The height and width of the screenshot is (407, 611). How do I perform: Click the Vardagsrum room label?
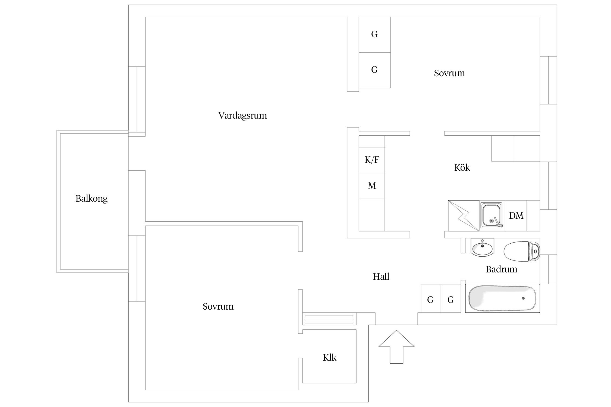[242, 116]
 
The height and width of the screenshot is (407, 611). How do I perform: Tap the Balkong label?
[92, 199]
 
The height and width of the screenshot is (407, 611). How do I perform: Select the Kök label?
[462, 168]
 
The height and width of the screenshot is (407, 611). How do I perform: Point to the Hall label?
[381, 277]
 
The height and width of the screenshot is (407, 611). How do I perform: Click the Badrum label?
[501, 269]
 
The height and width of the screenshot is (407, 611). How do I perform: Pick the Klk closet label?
[329, 358]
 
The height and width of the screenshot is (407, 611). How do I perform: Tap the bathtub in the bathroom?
[502, 298]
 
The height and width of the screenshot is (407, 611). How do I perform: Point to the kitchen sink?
[492, 215]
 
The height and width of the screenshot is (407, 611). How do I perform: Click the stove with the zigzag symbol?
[464, 216]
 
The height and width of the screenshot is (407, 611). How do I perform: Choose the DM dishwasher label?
[516, 216]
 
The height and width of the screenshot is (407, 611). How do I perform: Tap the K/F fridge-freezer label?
[372, 160]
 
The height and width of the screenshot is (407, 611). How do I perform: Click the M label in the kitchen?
[372, 186]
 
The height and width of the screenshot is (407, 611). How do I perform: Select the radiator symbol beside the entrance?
[329, 319]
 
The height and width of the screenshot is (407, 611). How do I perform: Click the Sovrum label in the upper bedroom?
[449, 73]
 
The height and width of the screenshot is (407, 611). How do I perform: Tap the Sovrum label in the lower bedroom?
[218, 307]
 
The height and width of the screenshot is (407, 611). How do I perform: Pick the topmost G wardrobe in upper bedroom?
[374, 34]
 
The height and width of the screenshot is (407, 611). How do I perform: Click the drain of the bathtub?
[523, 298]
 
